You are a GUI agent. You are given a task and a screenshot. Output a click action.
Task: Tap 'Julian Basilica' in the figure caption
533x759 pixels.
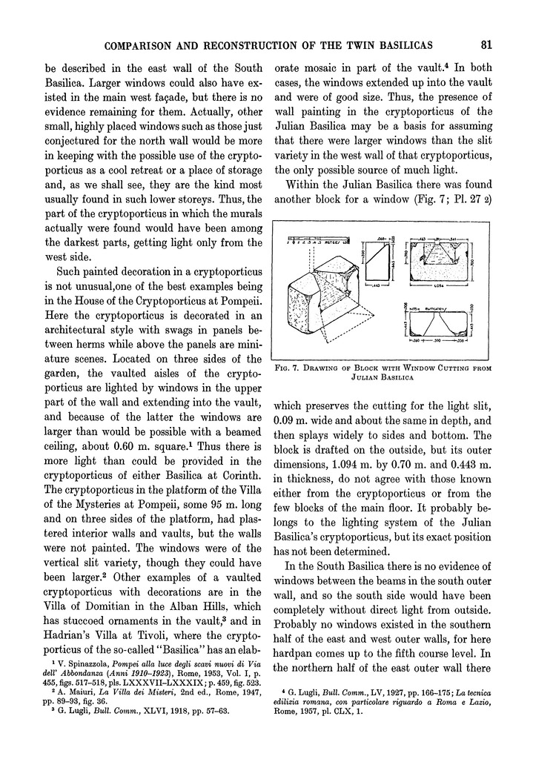[x=381, y=374]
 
